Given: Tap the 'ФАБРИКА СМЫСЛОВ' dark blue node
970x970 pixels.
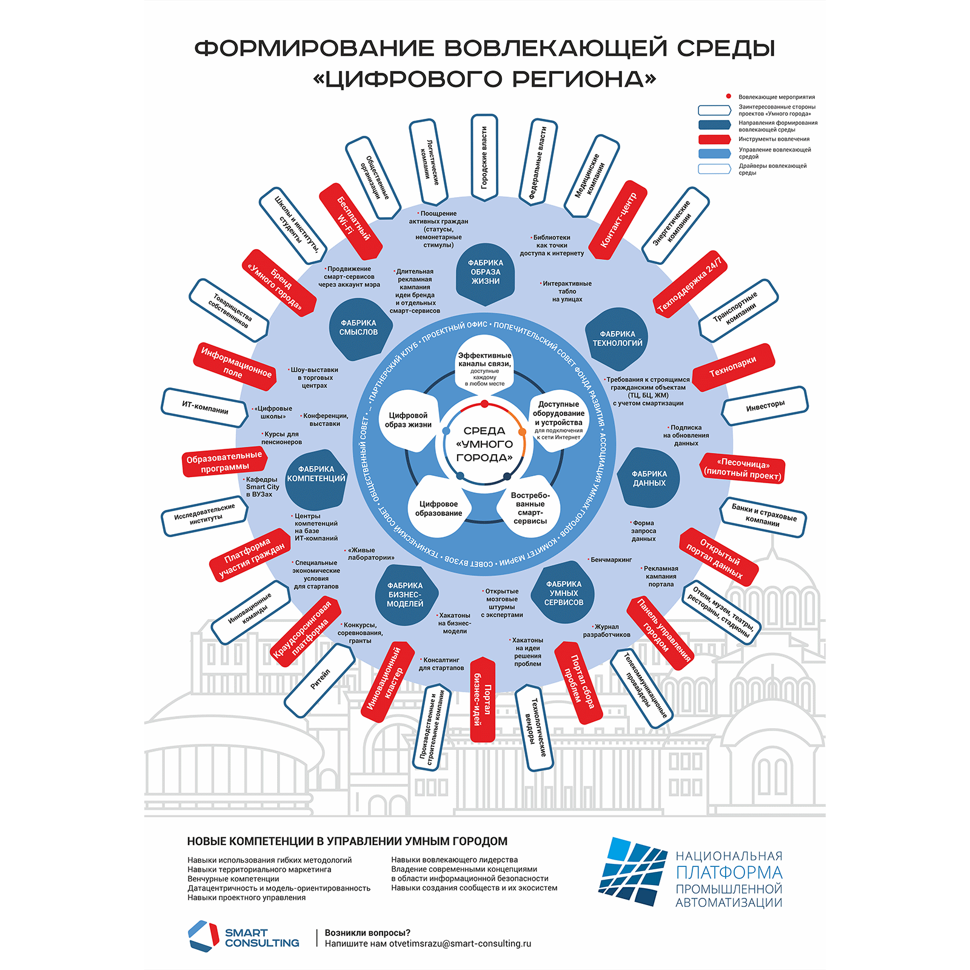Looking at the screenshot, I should [358, 328].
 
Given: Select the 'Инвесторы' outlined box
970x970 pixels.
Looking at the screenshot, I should [765, 406].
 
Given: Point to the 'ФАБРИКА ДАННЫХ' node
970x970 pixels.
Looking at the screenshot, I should [649, 478].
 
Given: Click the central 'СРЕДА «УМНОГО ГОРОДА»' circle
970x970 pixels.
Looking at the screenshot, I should [484, 444].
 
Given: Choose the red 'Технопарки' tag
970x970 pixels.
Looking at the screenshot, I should [733, 367].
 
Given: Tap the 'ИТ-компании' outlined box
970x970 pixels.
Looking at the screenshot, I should [205, 407].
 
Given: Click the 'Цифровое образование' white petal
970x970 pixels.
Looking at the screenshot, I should [438, 508].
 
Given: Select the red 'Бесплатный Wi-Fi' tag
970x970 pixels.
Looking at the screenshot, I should [351, 221].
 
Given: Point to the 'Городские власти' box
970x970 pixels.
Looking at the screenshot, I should [484, 157].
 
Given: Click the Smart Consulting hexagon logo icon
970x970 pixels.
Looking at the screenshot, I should [203, 937].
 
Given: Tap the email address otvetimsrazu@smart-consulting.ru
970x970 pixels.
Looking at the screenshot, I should [460, 944].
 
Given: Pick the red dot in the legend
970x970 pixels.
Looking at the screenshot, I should [729, 96].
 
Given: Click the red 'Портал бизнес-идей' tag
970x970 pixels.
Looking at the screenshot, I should [483, 699].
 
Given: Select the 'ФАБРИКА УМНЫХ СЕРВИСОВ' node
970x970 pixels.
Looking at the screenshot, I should [564, 594].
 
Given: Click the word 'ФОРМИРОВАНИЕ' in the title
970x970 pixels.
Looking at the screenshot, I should [315, 48].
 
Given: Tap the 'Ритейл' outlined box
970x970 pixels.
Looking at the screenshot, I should [320, 680].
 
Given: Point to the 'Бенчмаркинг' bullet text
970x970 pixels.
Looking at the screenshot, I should [610, 560].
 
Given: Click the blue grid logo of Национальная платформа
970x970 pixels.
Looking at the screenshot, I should [632, 871].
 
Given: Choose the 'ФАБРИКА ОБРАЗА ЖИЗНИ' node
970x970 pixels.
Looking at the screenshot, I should [486, 272].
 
